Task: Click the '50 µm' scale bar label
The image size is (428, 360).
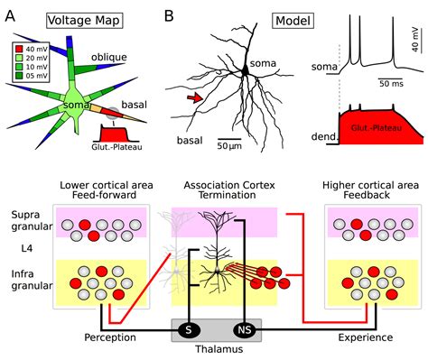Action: pyautogui.click(x=232, y=143)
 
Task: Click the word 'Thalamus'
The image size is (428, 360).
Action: pyautogui.click(x=214, y=351)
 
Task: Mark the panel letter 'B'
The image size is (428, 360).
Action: pyautogui.click(x=169, y=16)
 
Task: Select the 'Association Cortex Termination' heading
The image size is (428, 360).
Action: pyautogui.click(x=215, y=190)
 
